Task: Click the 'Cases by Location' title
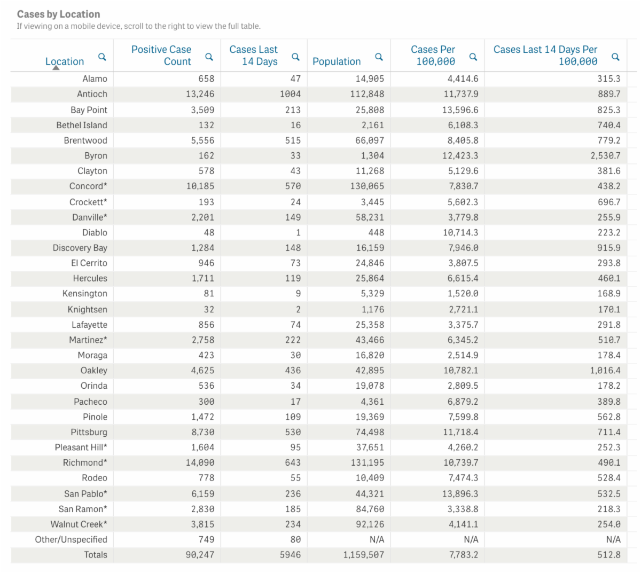pos(58,14)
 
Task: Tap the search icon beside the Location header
pos(102,57)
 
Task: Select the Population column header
pos(337,61)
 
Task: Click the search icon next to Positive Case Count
pos(209,57)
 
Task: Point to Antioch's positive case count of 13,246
pos(200,94)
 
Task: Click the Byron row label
pos(96,155)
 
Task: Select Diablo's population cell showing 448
pos(376,232)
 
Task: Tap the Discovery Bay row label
pos(80,248)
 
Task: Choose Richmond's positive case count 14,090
pos(200,462)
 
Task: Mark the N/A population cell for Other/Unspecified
pos(377,539)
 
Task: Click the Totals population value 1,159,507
pos(363,555)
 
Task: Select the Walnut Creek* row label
pos(79,524)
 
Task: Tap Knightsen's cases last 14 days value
pos(298,309)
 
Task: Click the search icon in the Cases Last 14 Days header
pos(295,57)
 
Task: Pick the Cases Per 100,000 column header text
pos(433,56)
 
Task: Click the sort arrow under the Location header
pos(56,68)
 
